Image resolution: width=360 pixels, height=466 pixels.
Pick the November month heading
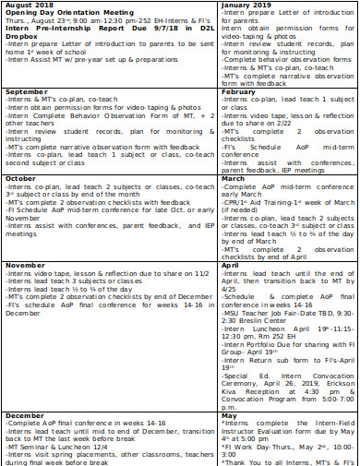point(25,265)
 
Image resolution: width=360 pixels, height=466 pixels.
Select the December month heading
point(25,415)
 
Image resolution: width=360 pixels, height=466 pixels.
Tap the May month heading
point(230,415)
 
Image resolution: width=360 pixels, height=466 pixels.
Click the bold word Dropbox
point(22,34)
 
